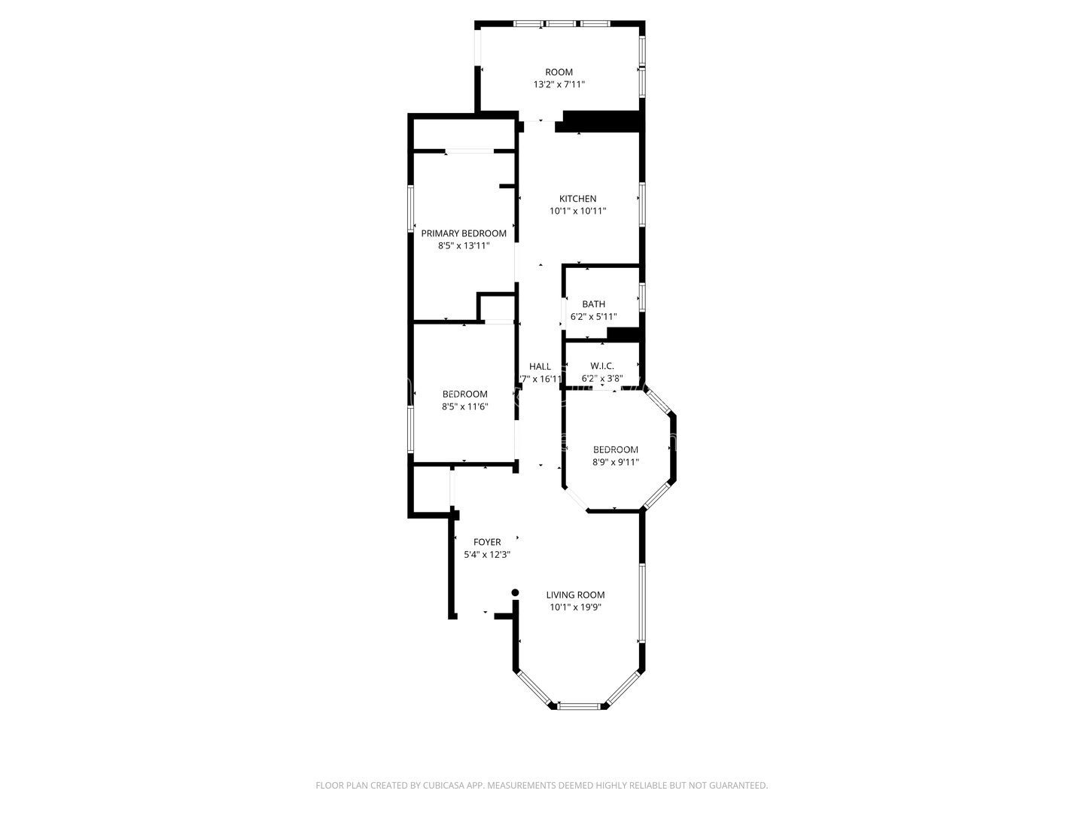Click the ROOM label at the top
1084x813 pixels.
(559, 72)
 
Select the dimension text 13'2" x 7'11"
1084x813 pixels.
(559, 85)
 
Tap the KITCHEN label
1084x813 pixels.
(577, 199)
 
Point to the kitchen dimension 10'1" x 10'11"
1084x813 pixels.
(577, 212)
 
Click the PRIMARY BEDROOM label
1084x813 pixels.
(464, 233)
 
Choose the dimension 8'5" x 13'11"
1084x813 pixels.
(464, 245)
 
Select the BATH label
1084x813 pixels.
(593, 304)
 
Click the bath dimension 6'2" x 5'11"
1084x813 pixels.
(593, 317)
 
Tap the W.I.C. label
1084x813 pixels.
(601, 366)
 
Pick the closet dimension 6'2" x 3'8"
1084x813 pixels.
(601, 379)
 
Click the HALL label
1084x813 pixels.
(540, 367)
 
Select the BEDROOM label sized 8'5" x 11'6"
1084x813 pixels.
(464, 394)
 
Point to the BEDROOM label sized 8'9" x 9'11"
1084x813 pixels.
(615, 449)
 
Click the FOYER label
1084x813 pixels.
(487, 542)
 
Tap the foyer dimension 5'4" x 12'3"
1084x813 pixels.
(487, 555)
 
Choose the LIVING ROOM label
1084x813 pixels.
(575, 595)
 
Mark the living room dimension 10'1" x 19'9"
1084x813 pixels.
(575, 607)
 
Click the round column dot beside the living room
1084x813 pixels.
(516, 592)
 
